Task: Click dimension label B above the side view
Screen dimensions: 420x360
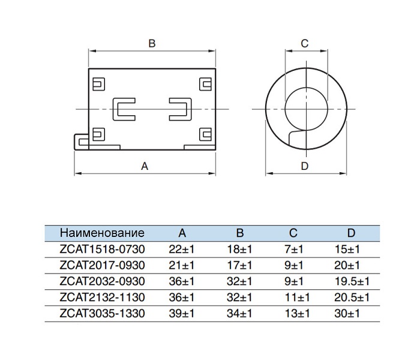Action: (x=152, y=43)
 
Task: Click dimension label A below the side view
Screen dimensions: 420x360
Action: (x=145, y=166)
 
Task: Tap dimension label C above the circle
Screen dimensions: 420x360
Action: (x=305, y=43)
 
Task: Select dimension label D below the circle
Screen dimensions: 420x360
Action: (x=305, y=166)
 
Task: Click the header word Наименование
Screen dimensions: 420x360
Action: (x=102, y=233)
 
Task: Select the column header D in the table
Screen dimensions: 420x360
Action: (x=351, y=233)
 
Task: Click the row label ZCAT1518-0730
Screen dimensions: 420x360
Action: (x=102, y=250)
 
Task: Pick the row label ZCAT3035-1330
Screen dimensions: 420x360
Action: (x=102, y=313)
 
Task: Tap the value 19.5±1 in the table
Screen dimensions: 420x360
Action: (x=352, y=281)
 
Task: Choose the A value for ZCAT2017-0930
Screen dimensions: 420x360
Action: (x=181, y=265)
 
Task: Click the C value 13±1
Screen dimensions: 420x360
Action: (x=297, y=313)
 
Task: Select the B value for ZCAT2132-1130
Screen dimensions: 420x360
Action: (x=239, y=298)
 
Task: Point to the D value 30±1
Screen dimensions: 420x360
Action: (x=347, y=313)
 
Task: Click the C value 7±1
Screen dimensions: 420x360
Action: (x=294, y=250)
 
